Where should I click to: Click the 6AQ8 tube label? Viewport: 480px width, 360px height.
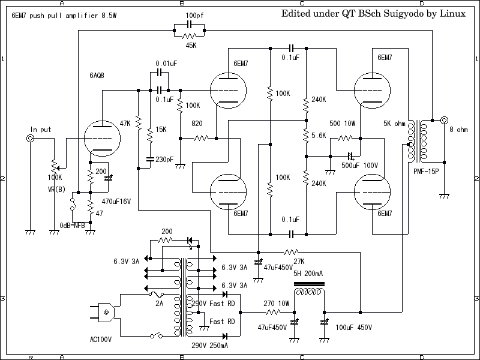[x=97, y=76]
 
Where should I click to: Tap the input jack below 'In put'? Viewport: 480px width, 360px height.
[x=30, y=139]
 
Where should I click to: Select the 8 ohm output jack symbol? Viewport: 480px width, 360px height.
[x=445, y=120]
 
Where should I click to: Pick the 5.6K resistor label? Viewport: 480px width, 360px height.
[x=319, y=136]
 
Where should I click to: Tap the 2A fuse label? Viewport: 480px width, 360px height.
[x=160, y=304]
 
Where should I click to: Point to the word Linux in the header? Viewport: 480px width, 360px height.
[x=454, y=13]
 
